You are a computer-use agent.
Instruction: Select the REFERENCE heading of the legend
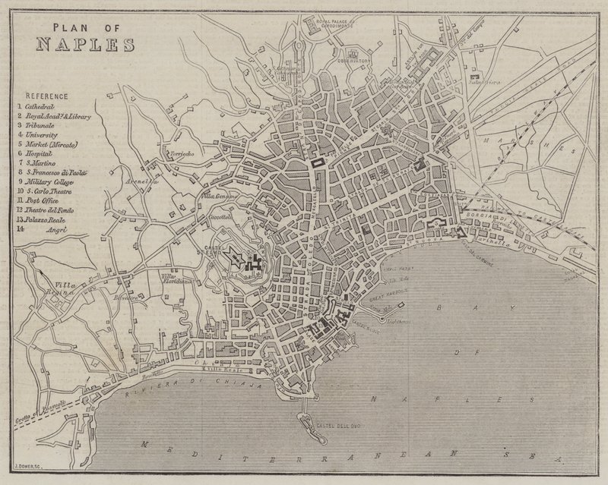click(46, 96)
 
